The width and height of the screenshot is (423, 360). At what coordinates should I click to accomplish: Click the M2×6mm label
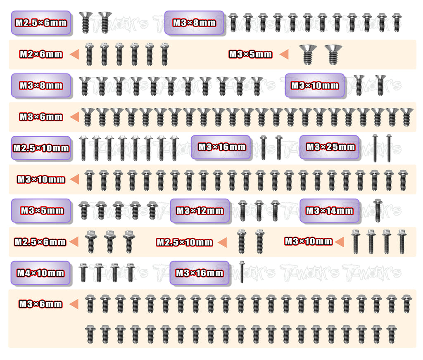41,54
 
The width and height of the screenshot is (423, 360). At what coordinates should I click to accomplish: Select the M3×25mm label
330,147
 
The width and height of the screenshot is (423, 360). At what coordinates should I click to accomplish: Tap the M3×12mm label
200,211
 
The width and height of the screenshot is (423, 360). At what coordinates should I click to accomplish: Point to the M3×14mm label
329,211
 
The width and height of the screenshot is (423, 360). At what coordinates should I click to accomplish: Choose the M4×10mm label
41,273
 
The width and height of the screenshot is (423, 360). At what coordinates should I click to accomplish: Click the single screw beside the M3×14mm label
378,210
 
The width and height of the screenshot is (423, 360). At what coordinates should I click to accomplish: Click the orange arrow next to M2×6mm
74,54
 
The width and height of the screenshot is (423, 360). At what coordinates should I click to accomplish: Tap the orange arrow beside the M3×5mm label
284,54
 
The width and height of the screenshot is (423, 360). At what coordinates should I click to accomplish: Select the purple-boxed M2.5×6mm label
41,23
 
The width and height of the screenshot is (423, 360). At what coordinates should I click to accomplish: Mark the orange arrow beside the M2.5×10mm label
222,242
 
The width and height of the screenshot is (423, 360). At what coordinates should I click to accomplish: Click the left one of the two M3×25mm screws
375,148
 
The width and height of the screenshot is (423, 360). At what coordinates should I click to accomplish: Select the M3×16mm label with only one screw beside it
200,273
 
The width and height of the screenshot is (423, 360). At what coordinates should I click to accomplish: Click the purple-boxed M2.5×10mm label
41,148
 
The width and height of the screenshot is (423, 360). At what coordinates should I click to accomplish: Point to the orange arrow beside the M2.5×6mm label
74,242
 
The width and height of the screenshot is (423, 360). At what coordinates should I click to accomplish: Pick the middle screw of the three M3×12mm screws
259,211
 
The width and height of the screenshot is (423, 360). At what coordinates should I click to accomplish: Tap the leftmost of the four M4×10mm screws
83,272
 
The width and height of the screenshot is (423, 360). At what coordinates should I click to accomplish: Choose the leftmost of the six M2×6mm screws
89,54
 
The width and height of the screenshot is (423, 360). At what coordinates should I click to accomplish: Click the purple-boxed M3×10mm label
315,85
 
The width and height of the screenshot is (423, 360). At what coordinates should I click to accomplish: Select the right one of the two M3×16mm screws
279,147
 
